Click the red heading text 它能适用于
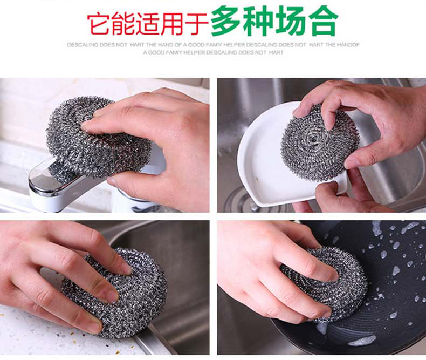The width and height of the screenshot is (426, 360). (x=147, y=23)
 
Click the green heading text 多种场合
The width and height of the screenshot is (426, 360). (x=274, y=21)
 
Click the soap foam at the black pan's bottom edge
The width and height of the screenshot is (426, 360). (x=361, y=341)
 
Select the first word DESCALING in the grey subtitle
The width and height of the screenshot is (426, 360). (x=81, y=45)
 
